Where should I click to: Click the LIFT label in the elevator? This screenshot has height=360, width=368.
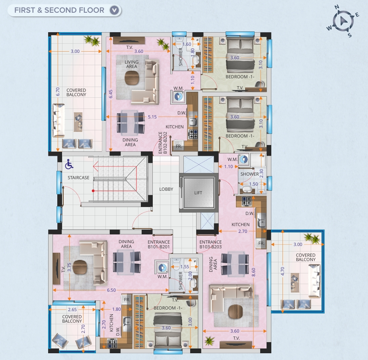[x=198, y=193]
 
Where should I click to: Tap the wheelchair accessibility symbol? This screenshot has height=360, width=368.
[x=69, y=164]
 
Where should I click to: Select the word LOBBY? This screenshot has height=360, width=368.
[x=166, y=189]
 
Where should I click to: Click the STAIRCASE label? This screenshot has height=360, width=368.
[x=78, y=178]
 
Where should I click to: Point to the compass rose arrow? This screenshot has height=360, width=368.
[x=343, y=21]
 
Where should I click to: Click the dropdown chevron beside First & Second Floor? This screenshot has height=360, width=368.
[x=114, y=10]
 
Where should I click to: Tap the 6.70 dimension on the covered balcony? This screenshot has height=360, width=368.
[x=58, y=91]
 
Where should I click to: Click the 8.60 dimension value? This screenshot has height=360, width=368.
[x=253, y=272]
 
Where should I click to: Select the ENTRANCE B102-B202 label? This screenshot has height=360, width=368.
[x=163, y=143]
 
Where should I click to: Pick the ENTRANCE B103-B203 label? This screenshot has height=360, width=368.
[x=210, y=244]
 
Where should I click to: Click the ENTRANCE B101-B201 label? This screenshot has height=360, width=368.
[x=159, y=244]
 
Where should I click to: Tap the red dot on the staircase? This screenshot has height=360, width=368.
[x=93, y=191]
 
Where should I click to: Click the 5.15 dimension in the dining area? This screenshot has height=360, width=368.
[x=152, y=117]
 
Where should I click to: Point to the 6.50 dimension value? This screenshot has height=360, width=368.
[x=111, y=290]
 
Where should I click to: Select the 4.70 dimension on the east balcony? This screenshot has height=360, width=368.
[x=282, y=271]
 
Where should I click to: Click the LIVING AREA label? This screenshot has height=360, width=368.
[x=131, y=64]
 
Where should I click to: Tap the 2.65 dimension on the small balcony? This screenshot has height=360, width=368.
[x=72, y=310]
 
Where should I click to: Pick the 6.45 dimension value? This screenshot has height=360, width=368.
[x=111, y=94]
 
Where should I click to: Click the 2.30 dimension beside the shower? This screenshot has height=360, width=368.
[x=261, y=173]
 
